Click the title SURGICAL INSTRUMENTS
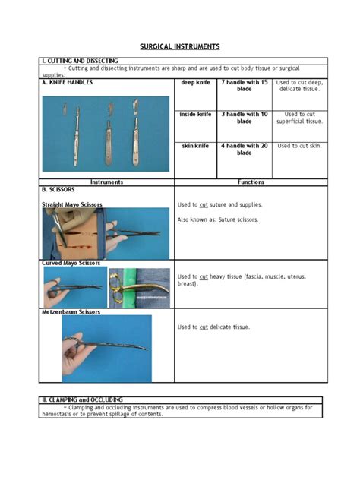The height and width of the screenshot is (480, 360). click(179, 47)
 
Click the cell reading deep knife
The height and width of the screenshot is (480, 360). click(195, 81)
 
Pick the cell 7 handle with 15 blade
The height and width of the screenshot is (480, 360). click(244, 85)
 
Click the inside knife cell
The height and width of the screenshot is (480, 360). click(195, 115)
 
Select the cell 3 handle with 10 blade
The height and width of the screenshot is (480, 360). click(244, 118)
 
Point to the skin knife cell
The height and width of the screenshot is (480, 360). click(195, 145)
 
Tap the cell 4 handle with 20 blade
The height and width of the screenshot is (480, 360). click(244, 149)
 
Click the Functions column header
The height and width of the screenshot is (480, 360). click(251, 182)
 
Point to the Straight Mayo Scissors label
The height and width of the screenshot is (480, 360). click(71, 205)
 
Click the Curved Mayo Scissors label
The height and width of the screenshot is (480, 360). click(70, 263)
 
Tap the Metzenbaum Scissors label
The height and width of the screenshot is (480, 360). click(71, 311)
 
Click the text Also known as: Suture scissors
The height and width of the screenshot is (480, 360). click(217, 219)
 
